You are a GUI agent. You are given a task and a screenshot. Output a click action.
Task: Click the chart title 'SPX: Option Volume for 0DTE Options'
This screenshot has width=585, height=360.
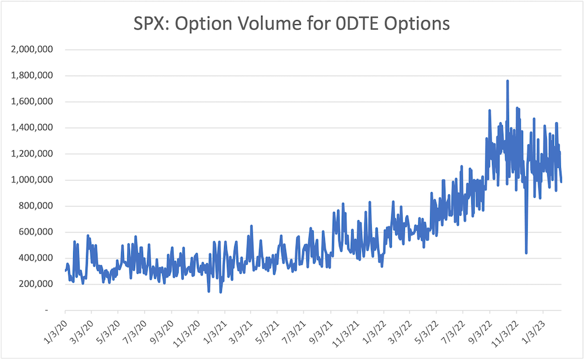tap(292, 24)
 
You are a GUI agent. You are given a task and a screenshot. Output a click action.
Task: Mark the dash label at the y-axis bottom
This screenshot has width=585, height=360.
tap(47, 310)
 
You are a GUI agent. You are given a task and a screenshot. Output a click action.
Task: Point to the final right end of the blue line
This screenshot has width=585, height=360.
tap(561, 181)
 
